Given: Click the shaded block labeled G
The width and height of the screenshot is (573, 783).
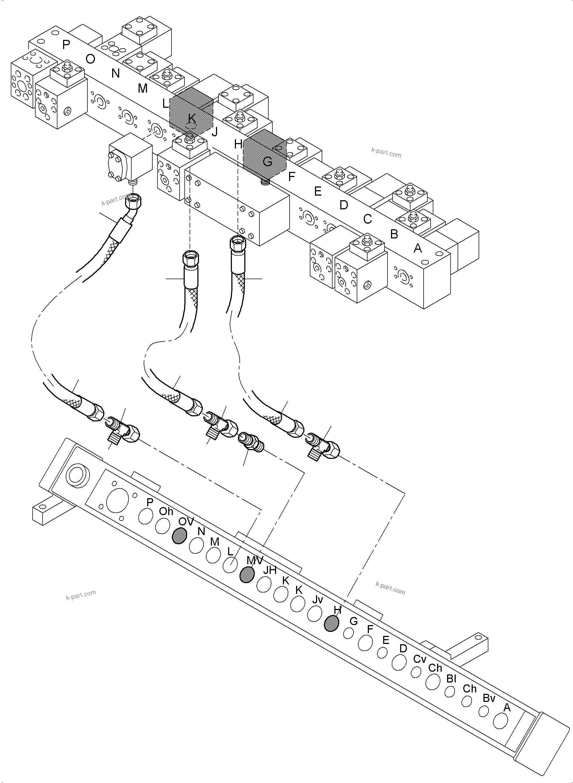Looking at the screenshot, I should [264, 155].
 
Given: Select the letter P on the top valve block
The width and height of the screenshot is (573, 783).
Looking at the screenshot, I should [66, 45].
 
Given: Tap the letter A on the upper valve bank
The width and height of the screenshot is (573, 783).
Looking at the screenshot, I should [418, 248].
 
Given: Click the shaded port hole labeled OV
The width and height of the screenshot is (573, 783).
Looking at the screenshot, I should [179, 536].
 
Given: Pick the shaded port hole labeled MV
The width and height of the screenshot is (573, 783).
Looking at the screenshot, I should [247, 575].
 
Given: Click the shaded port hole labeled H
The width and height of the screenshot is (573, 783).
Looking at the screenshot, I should [331, 623].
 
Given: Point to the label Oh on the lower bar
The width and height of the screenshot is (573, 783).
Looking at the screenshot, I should [166, 511].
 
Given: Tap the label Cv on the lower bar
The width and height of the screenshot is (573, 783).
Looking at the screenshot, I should [419, 659].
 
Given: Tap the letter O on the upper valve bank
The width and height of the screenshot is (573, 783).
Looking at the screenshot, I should [90, 59].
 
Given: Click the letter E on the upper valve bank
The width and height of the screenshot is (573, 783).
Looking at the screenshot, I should [317, 191].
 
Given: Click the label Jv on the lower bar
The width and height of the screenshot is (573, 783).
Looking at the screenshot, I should [317, 599].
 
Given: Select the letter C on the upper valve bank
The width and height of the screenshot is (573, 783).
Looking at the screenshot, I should [367, 219].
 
